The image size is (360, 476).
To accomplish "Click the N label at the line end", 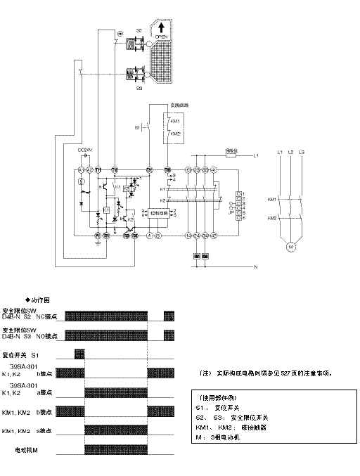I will coord(256,267).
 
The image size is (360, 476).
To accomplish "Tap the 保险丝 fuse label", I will coord(231,149).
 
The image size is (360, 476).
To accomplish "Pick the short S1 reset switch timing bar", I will coord(79,352).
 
